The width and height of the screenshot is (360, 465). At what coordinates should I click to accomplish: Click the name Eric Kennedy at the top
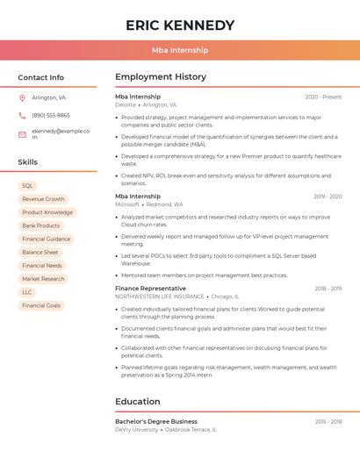tap(180, 25)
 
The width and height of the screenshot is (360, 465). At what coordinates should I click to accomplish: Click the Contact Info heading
tap(41, 77)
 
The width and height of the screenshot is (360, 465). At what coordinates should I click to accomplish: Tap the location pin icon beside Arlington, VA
tap(22, 97)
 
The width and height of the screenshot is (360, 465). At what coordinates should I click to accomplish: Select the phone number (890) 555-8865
tap(51, 115)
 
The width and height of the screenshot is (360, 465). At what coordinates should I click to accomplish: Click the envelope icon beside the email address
tap(22, 132)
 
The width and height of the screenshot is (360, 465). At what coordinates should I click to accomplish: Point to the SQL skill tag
tap(27, 186)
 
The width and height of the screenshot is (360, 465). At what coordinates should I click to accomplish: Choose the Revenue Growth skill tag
tap(43, 199)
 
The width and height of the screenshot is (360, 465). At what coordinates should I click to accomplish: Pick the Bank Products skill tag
tap(41, 225)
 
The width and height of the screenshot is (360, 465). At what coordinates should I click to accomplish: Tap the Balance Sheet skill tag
tap(40, 252)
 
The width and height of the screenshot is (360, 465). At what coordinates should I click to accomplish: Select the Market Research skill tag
tap(43, 279)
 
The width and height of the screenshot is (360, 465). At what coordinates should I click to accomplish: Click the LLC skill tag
tap(27, 292)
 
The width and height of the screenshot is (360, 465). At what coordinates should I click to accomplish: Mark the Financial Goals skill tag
tap(41, 305)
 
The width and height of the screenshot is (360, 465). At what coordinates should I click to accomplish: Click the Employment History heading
tap(161, 77)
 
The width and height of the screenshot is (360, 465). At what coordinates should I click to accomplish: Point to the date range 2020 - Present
tap(323, 97)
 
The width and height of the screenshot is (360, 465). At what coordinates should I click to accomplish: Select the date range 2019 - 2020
tap(327, 197)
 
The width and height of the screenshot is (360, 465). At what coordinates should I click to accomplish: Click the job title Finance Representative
tap(150, 288)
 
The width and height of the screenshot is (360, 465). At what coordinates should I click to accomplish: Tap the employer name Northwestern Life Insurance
tap(158, 297)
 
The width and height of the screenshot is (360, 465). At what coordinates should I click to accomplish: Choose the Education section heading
tap(138, 402)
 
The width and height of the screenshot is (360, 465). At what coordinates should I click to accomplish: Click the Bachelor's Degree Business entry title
tap(156, 421)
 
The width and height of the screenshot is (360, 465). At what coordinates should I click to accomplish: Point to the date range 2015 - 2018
tap(327, 422)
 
